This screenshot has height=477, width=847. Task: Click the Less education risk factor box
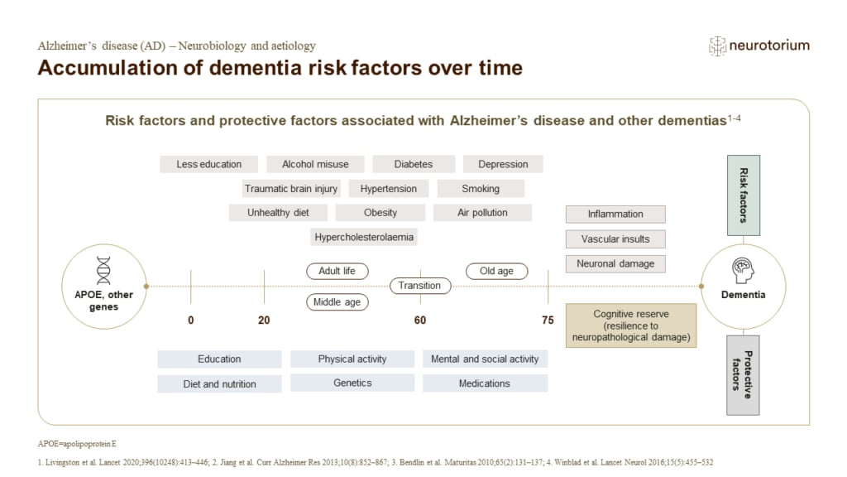click(x=208, y=164)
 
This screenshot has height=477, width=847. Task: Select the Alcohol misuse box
click(x=315, y=164)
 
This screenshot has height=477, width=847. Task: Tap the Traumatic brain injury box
click(x=290, y=189)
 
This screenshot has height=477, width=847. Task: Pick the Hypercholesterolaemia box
click(x=364, y=238)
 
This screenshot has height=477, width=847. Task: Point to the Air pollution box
click(x=482, y=213)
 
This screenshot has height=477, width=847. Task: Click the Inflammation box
click(x=615, y=214)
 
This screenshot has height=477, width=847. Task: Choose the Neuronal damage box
click(x=615, y=263)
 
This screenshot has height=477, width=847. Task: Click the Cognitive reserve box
click(x=631, y=325)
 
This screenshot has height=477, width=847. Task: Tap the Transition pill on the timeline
click(x=420, y=286)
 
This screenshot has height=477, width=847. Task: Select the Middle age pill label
click(x=337, y=302)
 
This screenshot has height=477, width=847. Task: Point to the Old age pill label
click(x=496, y=271)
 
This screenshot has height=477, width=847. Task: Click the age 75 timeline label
click(x=548, y=320)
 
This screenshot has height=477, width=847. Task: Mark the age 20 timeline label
click(x=264, y=320)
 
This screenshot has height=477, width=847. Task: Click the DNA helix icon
click(x=103, y=270)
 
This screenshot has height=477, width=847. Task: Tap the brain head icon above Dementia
click(x=742, y=270)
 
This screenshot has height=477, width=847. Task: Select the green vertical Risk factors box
click(x=743, y=195)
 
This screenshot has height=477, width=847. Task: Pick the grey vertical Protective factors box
click(x=743, y=374)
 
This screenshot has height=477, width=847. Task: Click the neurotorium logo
click(x=759, y=46)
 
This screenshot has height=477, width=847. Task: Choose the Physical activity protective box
click(x=352, y=359)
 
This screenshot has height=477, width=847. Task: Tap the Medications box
click(x=485, y=383)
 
